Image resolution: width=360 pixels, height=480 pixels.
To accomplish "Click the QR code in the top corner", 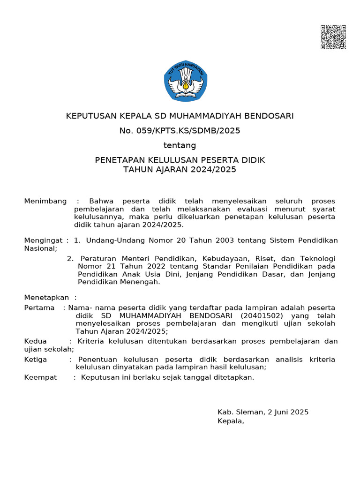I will coord(333,37).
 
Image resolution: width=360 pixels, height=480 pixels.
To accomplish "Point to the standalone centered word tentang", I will coord(180,145).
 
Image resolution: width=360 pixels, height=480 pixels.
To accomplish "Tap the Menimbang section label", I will coord(45,201).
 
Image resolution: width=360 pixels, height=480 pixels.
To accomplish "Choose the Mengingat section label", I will coord(43,240).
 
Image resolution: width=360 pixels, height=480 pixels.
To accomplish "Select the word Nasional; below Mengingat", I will coord(41,248).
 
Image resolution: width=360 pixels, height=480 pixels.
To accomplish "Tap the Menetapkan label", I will coord(46,298).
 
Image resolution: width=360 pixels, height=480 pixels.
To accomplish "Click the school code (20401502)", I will coord(262,315).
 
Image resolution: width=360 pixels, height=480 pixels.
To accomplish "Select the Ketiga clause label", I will coord(36,359).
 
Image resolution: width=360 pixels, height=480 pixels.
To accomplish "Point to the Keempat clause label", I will coord(40,377).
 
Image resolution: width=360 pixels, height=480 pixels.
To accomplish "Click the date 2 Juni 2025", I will coord(288,412).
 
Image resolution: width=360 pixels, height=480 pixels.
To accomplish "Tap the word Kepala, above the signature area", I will coord(231,421).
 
